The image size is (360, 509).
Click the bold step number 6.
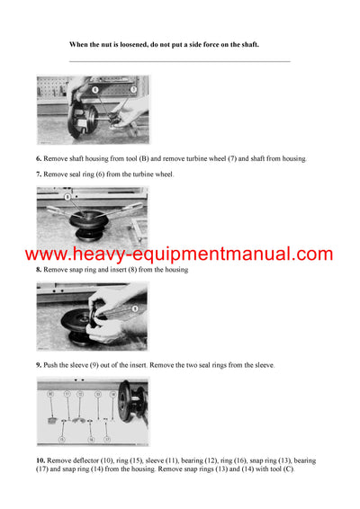(x=39, y=159)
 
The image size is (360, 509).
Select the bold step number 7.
(x=39, y=174)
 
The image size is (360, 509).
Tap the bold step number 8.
(x=39, y=270)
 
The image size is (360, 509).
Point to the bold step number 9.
(x=39, y=365)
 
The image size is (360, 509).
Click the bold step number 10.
(x=40, y=460)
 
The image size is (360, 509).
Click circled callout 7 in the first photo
(x=132, y=90)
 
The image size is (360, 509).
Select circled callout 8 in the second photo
(x=67, y=196)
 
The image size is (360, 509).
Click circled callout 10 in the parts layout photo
(x=51, y=394)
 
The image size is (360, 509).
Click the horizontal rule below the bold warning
(x=180, y=61)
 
